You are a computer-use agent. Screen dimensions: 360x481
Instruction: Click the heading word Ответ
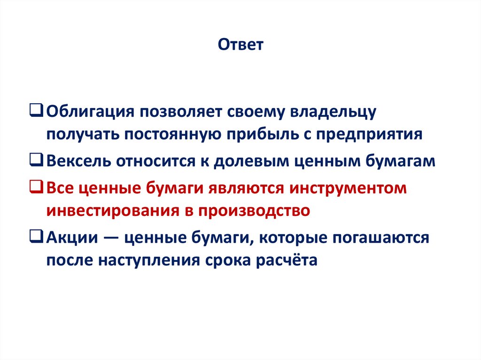[241, 45]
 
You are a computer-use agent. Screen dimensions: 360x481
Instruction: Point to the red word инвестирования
[110, 210]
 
